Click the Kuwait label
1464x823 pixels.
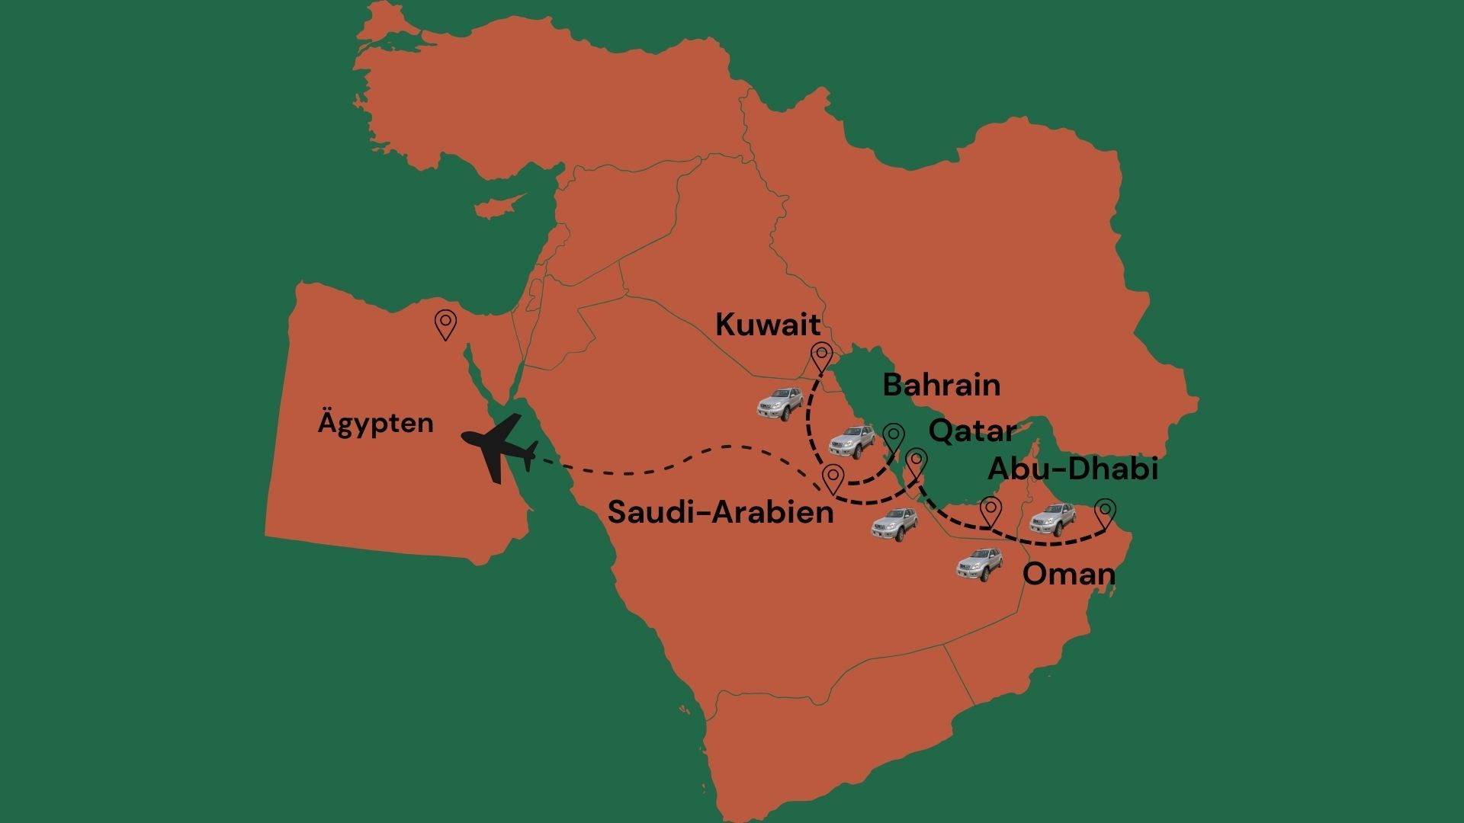(x=768, y=325)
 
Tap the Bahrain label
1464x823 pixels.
(x=941, y=385)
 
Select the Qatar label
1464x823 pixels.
(x=971, y=431)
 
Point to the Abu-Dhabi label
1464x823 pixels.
(x=1073, y=469)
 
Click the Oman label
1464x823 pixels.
(x=1068, y=574)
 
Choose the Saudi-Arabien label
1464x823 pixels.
(x=721, y=512)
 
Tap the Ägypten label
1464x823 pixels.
(x=375, y=423)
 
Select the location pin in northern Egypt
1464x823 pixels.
(x=445, y=325)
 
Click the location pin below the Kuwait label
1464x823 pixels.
(x=821, y=357)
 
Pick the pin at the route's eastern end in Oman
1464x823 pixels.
(x=1105, y=513)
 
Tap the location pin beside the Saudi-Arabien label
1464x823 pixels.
(x=833, y=479)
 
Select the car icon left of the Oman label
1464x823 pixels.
(x=980, y=565)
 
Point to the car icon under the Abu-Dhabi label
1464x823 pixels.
(x=1052, y=520)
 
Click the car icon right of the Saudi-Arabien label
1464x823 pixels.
(x=894, y=524)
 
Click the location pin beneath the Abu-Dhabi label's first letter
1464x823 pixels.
(x=990, y=511)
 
